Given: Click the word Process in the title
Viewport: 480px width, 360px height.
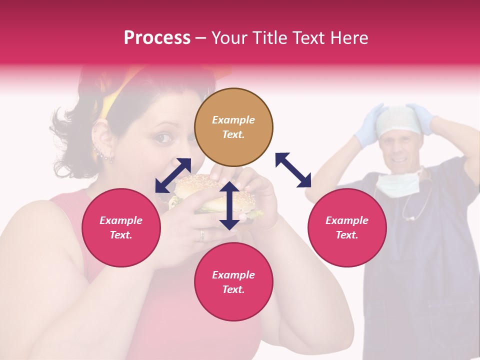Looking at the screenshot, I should point(157,38).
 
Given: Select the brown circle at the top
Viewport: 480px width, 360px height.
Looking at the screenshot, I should point(233,127).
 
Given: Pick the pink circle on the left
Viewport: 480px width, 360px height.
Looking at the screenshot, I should point(121,227).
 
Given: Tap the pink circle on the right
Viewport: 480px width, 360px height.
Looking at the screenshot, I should point(347,227).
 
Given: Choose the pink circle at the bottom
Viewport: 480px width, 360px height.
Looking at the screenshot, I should point(233,282).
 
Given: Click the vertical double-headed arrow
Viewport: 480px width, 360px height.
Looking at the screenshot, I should point(229,205).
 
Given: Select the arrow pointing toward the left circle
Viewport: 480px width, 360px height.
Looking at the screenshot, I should point(173,175).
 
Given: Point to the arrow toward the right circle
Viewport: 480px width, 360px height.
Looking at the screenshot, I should point(293,170).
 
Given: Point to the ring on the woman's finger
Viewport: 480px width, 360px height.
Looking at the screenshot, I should point(202,234).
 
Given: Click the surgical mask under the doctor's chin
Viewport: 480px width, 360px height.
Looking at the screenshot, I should point(398,184).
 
